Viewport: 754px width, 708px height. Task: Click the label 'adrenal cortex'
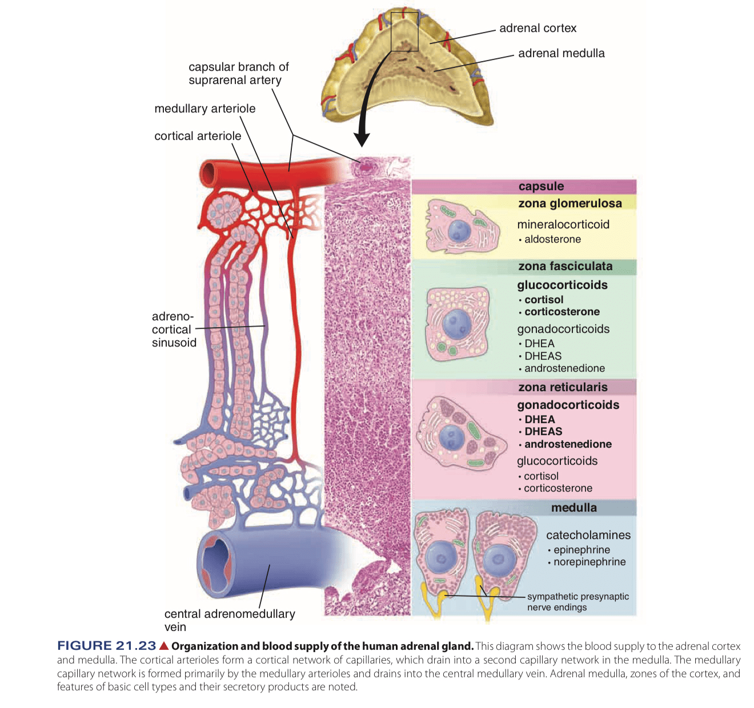coord(538,28)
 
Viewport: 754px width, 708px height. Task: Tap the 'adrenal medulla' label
coord(561,53)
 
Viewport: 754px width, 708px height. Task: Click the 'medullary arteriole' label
coord(204,108)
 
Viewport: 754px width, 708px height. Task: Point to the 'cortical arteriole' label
coord(198,136)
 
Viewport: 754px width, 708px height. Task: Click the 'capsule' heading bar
coord(540,186)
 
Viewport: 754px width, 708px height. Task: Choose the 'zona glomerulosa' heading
coord(569,203)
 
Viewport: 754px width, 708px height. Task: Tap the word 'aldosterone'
coord(552,239)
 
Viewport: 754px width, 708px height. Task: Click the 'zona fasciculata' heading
coord(565,266)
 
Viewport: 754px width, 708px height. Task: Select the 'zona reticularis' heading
coord(563,387)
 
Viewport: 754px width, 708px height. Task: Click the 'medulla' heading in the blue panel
coord(573,508)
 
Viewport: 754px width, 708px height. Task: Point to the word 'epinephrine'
coord(581,550)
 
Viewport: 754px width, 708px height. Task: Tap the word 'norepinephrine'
coord(589,562)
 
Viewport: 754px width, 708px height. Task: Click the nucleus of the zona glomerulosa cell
coord(459,231)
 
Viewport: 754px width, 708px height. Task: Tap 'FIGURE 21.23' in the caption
coord(106,646)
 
